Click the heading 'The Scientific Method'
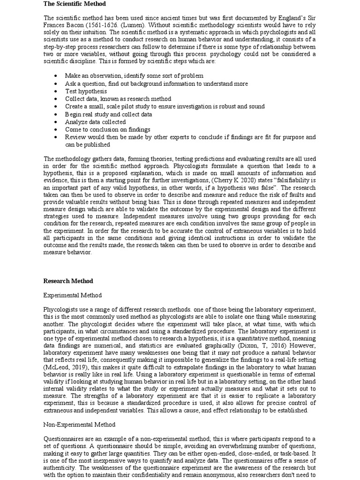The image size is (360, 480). [x=75, y=4]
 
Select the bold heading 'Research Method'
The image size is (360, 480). [x=68, y=281]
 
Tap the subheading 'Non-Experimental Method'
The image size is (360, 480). [x=79, y=425]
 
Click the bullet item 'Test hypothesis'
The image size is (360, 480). [x=86, y=91]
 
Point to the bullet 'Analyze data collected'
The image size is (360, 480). [x=95, y=122]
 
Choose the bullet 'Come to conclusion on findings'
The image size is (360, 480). [x=107, y=129]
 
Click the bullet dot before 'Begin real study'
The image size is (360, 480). [x=55, y=114]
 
